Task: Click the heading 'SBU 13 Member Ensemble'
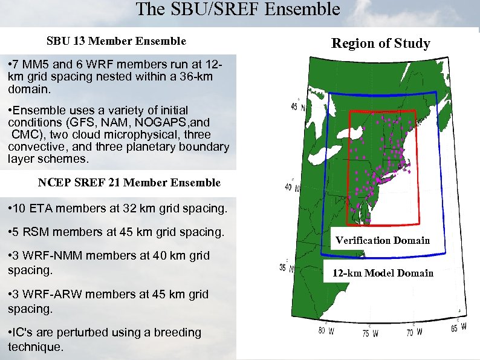(116, 41)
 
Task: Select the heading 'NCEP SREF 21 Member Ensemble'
(129, 182)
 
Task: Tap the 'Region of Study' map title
(381, 43)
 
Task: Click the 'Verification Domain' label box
(383, 240)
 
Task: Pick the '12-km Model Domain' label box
(383, 273)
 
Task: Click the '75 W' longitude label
(371, 333)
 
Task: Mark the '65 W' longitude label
(459, 327)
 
